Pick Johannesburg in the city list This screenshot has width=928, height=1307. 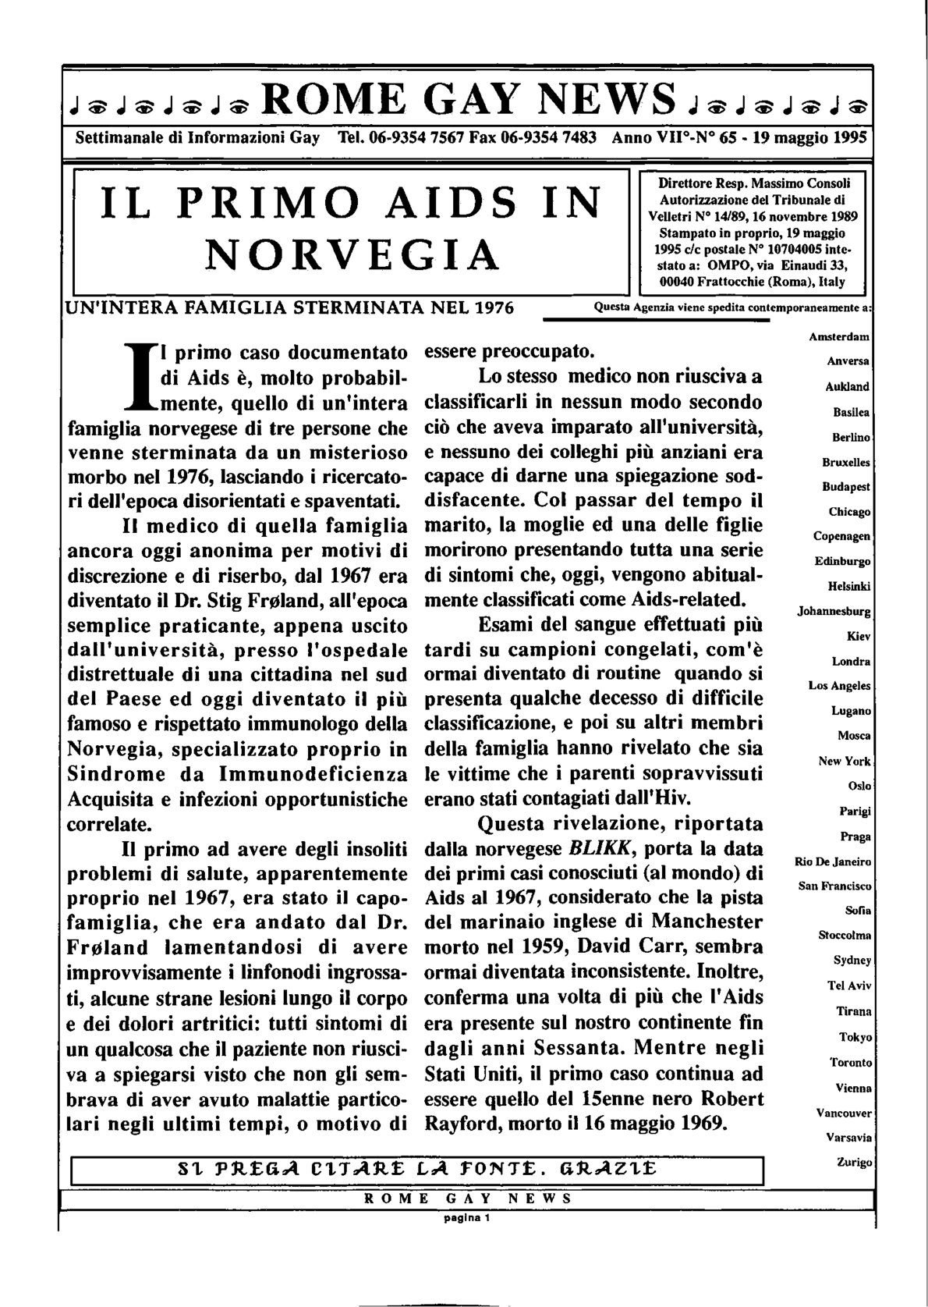pos(834,612)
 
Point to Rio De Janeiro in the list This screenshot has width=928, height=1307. pos(833,862)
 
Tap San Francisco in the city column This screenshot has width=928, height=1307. pos(834,886)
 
